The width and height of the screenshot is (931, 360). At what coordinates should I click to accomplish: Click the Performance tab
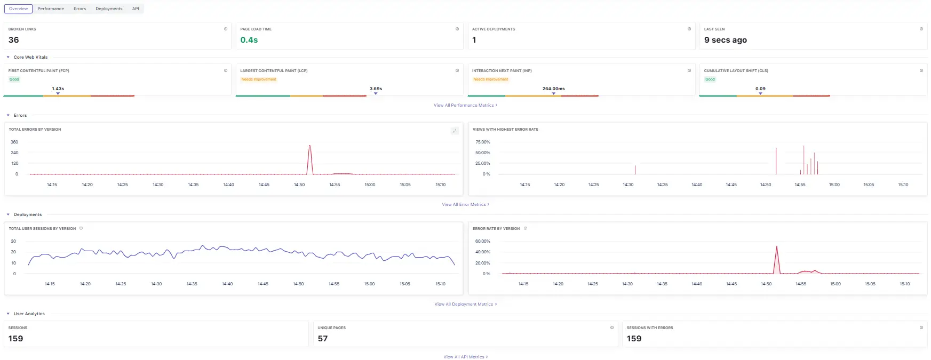coord(51,9)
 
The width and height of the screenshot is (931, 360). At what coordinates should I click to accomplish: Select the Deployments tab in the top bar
coord(109,9)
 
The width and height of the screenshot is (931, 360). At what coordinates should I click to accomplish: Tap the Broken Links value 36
coord(14,40)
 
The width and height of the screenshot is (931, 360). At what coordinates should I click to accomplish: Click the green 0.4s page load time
coord(249,40)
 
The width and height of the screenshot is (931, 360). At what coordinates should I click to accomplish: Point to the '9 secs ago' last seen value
coord(725,40)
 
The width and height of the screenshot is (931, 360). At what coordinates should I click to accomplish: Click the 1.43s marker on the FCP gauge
coord(58,89)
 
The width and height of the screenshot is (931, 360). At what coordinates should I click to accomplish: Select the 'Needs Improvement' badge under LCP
coord(259,79)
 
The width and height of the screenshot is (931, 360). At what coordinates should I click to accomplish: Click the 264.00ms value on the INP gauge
coord(553,89)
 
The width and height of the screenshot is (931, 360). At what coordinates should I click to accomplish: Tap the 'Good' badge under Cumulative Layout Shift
coord(710,79)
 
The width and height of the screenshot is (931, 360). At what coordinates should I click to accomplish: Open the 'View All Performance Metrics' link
coord(465,105)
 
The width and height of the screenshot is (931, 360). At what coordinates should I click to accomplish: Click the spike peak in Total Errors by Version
coord(309,146)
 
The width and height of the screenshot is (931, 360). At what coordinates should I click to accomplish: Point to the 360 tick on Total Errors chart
coord(14,142)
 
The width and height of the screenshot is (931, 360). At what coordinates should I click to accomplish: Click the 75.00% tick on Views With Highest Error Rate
coord(482,142)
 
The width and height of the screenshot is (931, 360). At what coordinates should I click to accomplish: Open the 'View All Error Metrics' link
coord(465,204)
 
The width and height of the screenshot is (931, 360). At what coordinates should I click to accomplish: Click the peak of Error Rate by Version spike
coord(776,246)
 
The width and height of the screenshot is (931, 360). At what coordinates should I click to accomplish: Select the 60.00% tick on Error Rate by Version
coord(482,241)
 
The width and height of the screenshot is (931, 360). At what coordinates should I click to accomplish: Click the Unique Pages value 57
coord(323,339)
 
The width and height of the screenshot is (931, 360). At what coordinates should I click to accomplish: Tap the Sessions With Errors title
coord(649,328)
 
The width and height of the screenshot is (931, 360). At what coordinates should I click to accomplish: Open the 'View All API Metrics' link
coord(465,357)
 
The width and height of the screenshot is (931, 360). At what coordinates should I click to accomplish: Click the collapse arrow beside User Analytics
coord(8,314)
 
